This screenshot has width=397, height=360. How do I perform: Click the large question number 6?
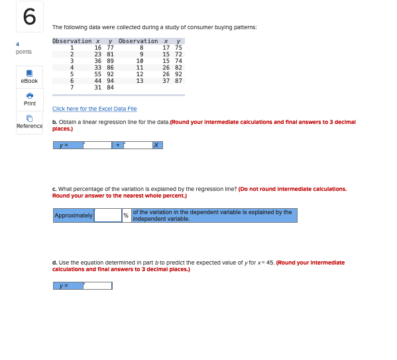tap(29, 17)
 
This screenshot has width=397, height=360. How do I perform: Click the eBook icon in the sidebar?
tap(29, 73)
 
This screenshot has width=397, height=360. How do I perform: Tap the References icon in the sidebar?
tap(29, 118)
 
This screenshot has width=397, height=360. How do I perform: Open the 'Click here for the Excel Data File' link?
tap(94, 108)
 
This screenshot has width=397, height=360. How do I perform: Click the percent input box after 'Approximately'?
tap(107, 215)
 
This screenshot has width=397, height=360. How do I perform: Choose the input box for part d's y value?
tap(97, 286)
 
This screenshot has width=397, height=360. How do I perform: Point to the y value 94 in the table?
tap(110, 80)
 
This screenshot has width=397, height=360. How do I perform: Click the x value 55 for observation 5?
tap(98, 74)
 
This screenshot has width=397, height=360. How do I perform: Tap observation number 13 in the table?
tap(139, 80)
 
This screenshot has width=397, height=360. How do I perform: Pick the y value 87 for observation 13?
tap(178, 80)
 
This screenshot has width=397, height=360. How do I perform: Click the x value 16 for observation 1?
tap(98, 48)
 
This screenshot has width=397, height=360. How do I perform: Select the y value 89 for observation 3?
tap(110, 61)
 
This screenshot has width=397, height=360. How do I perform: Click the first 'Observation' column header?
tap(72, 41)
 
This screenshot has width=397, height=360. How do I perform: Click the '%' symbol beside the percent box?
tap(126, 215)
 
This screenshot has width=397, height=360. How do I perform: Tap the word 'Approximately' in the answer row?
tap(74, 215)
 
